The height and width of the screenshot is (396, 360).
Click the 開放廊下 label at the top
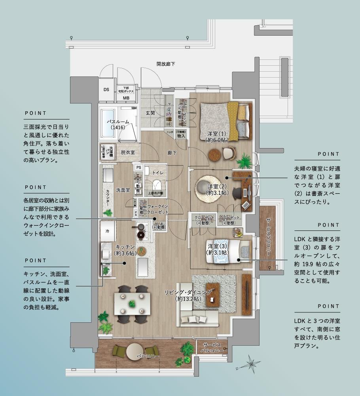tap(165, 64)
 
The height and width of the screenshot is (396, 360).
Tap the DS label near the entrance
tap(106, 89)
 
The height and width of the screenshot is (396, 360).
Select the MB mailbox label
tap(126, 97)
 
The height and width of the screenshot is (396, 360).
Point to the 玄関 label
tap(150, 113)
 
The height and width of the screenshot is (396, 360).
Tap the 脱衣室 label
tap(128, 152)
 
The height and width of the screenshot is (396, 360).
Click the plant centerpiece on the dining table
tap(132, 303)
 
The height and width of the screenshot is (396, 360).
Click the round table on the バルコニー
tap(135, 352)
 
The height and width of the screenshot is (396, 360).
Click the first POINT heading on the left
tap(36, 113)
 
